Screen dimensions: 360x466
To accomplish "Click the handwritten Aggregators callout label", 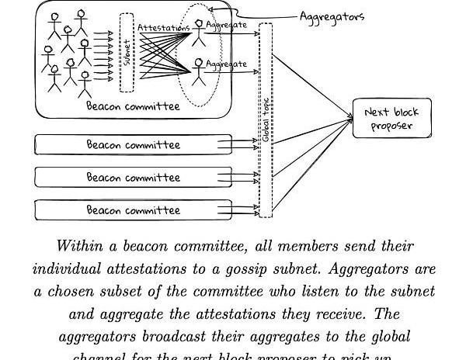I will click(x=332, y=16).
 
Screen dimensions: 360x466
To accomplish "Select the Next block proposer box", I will click(x=391, y=119).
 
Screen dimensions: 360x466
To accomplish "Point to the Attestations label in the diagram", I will click(x=163, y=28).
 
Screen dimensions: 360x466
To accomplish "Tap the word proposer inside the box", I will click(x=391, y=126).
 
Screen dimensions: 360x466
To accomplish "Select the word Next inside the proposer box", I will click(x=377, y=112).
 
